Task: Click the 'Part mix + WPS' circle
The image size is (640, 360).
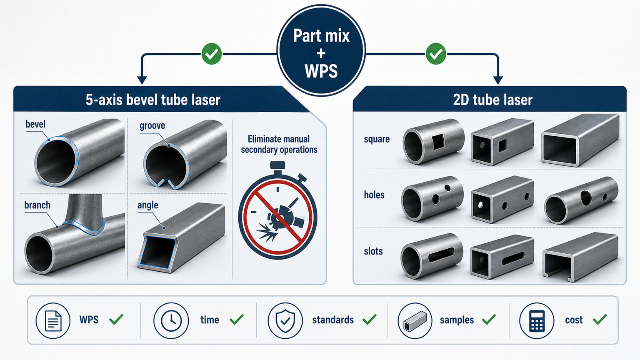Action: pos(321,50)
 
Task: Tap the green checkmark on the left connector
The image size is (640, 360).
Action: pos(211,54)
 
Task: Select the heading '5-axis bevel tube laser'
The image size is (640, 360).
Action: pos(153,100)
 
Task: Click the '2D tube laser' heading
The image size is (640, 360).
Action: pos(492,100)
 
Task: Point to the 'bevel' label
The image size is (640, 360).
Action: pos(35,124)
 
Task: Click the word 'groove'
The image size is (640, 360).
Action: pos(152,126)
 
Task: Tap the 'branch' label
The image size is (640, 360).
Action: pos(37,205)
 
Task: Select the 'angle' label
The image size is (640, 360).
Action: pos(148,205)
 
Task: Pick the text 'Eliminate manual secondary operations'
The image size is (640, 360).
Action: pos(279,144)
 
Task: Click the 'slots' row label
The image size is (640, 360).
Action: pos(373,251)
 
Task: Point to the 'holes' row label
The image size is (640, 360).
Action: pos(374,195)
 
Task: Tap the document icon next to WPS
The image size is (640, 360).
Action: pos(53,320)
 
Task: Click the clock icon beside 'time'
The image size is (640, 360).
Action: pos(171,320)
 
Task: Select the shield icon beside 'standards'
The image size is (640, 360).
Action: pos(285,320)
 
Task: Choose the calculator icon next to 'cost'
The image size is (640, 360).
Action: pos(537,320)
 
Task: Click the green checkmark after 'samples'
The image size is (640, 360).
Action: pos(489,320)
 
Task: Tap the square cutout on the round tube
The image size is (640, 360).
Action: pos(437,142)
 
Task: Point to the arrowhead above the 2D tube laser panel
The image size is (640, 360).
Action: pos(498,80)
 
